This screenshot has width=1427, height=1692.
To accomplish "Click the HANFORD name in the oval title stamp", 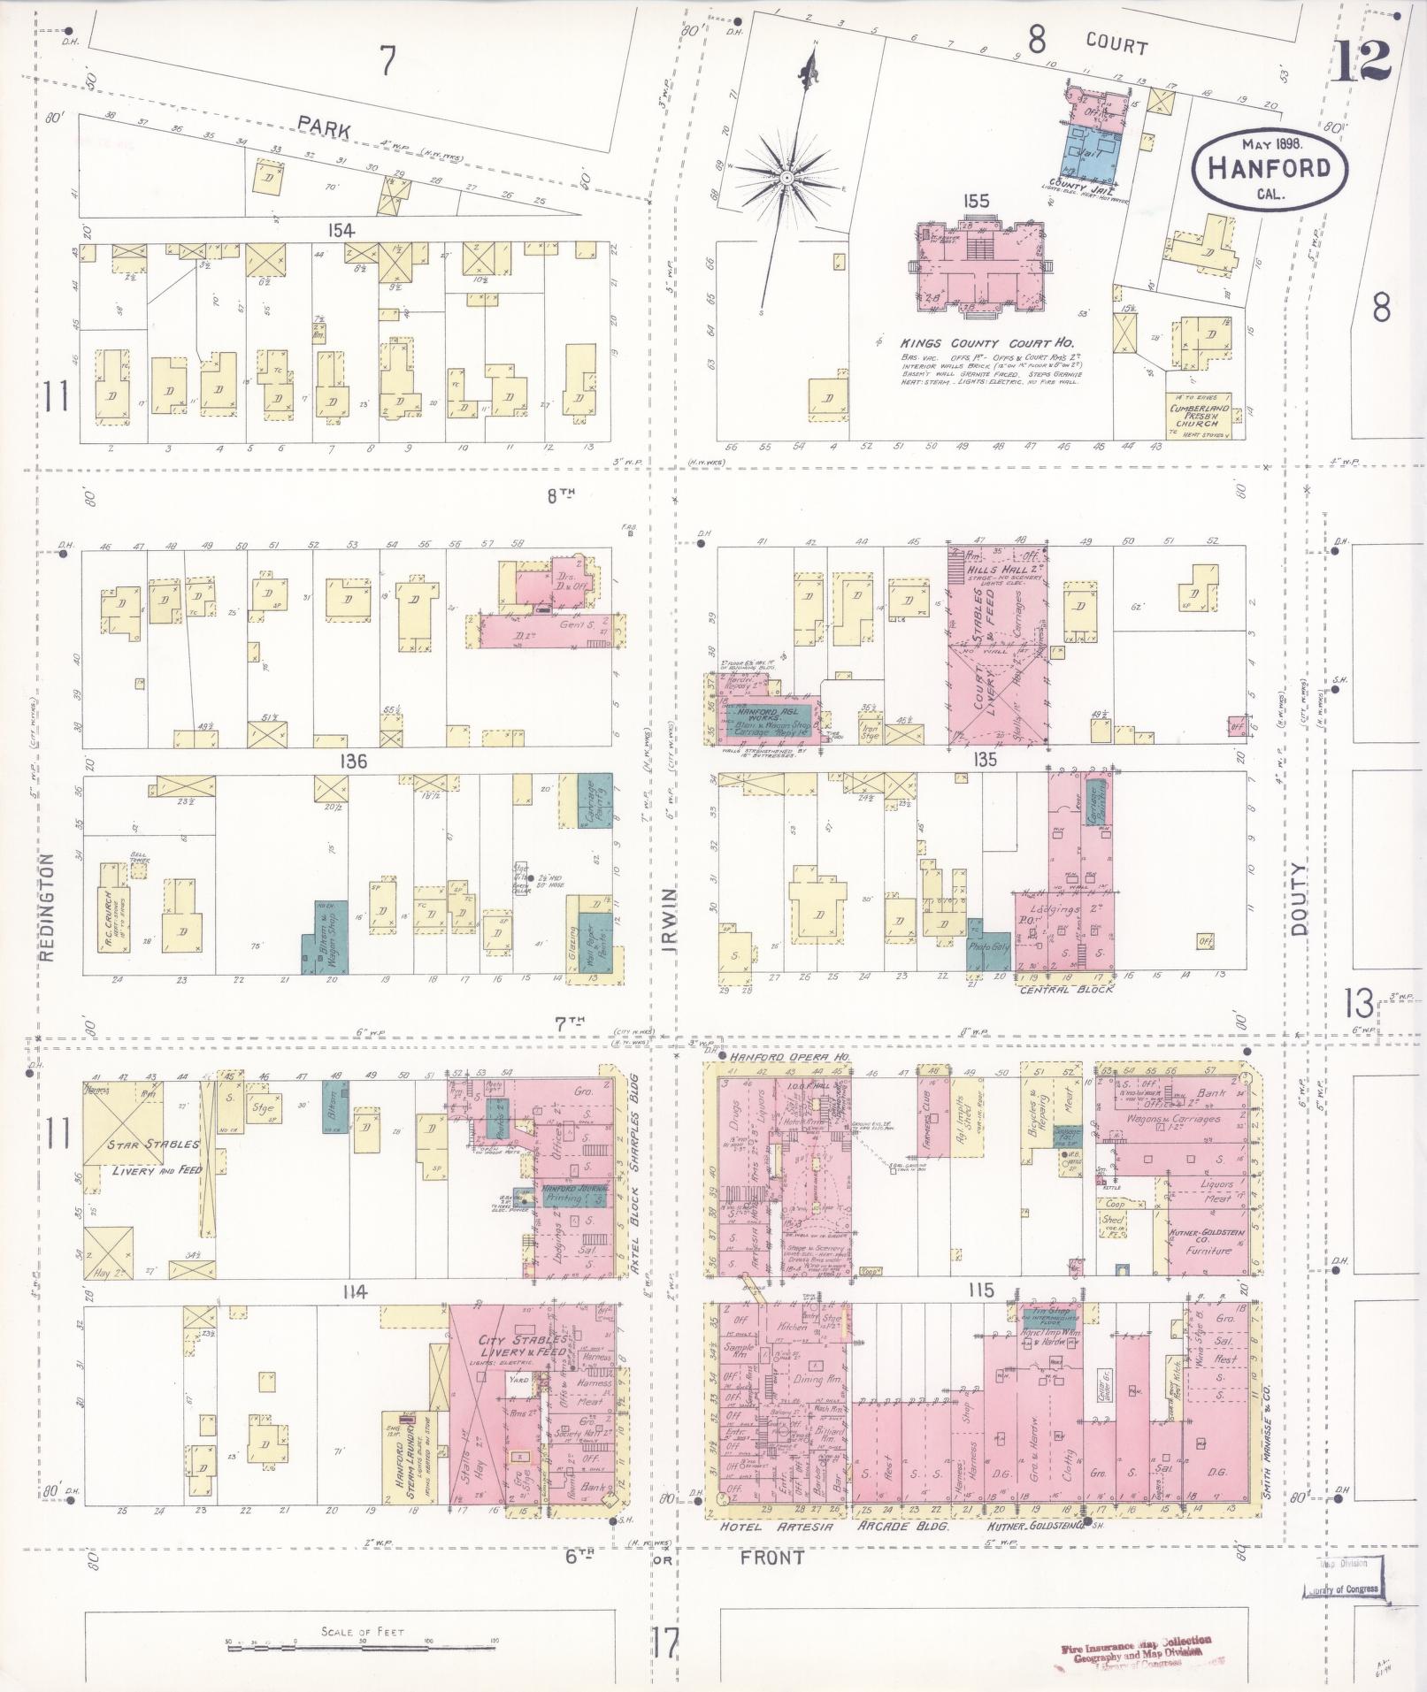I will [1269, 168].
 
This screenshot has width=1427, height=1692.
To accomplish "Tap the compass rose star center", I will [785, 178].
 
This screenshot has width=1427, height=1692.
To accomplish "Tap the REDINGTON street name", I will [48, 906].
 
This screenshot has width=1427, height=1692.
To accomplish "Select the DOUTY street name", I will [1298, 900].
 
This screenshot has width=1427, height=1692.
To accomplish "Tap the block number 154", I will [341, 231].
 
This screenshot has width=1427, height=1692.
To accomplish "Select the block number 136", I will [351, 761].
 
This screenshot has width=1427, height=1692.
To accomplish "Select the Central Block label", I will [1065, 988].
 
